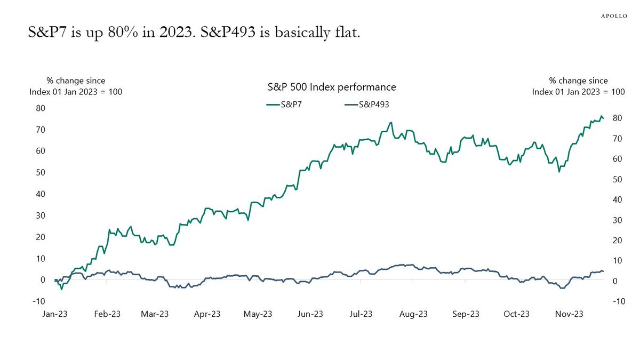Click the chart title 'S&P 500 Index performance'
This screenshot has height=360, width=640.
click(331, 86)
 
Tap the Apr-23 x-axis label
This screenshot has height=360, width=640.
click(207, 314)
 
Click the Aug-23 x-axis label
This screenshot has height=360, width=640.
click(414, 314)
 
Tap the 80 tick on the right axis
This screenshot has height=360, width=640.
click(617, 118)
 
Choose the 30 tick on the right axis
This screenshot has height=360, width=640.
click(617, 220)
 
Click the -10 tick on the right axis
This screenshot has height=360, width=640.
click(616, 302)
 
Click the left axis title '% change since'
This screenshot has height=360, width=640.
click(76, 81)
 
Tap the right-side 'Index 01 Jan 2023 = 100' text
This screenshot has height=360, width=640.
click(578, 92)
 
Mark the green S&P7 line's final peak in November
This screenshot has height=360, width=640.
click(602, 116)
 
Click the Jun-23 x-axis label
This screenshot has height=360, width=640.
click(310, 314)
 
